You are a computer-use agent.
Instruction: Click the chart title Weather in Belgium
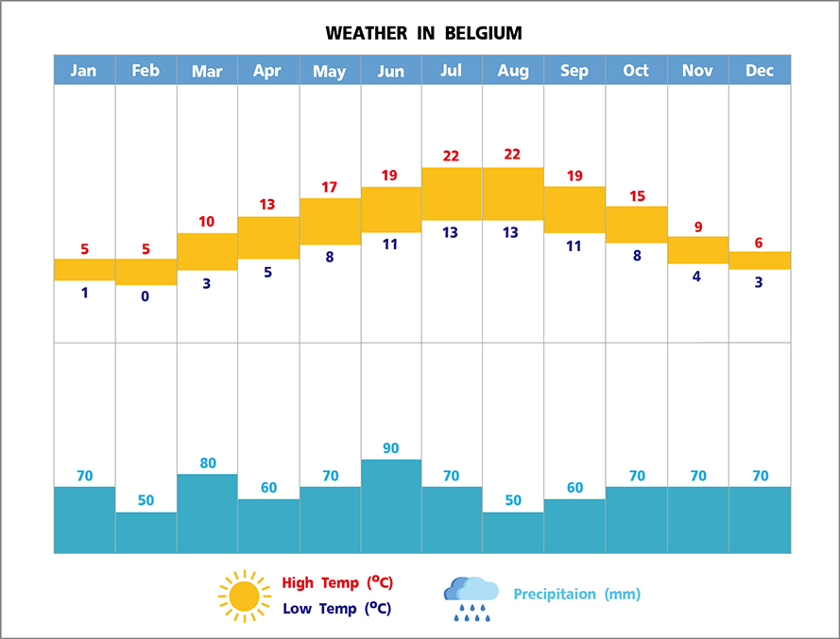[x=423, y=34]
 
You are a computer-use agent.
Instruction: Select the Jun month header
[x=390, y=71]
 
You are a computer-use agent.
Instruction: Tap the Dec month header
[x=759, y=71]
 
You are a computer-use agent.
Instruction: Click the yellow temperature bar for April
[x=267, y=238]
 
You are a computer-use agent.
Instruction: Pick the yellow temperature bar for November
[x=697, y=250]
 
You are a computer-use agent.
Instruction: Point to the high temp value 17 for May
[x=329, y=187]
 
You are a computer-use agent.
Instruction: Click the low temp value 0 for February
[x=146, y=296]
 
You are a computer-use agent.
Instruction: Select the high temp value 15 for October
[x=636, y=196]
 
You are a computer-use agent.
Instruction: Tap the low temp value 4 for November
[x=696, y=277]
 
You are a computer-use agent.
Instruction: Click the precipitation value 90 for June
[x=390, y=448]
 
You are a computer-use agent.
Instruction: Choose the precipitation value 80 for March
[x=207, y=463]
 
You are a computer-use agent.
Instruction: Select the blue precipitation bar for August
[x=513, y=532]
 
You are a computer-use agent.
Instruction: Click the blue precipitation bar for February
[x=146, y=532]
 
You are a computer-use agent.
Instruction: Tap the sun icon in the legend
[x=244, y=596]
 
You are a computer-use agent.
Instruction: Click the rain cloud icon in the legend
[x=471, y=598]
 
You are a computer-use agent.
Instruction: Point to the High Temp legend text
[x=336, y=582]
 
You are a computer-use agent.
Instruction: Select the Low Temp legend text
[x=336, y=609]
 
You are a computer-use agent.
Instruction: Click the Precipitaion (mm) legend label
[x=576, y=595]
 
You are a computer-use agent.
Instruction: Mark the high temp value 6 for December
[x=759, y=243]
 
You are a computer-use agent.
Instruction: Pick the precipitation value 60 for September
[x=574, y=488]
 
